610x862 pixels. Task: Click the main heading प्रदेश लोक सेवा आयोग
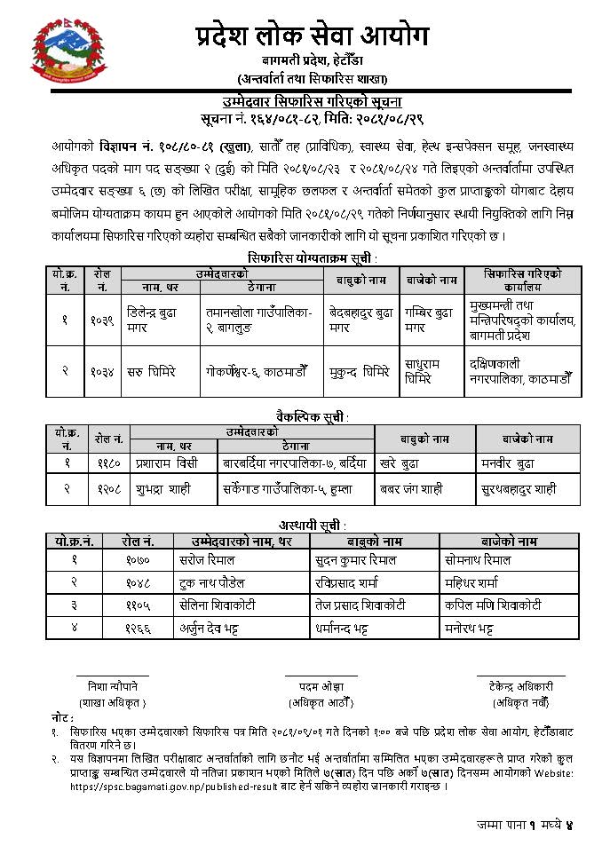click(x=312, y=36)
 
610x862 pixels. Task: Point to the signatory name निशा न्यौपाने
click(x=113, y=686)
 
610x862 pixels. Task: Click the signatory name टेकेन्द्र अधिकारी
click(x=520, y=686)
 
